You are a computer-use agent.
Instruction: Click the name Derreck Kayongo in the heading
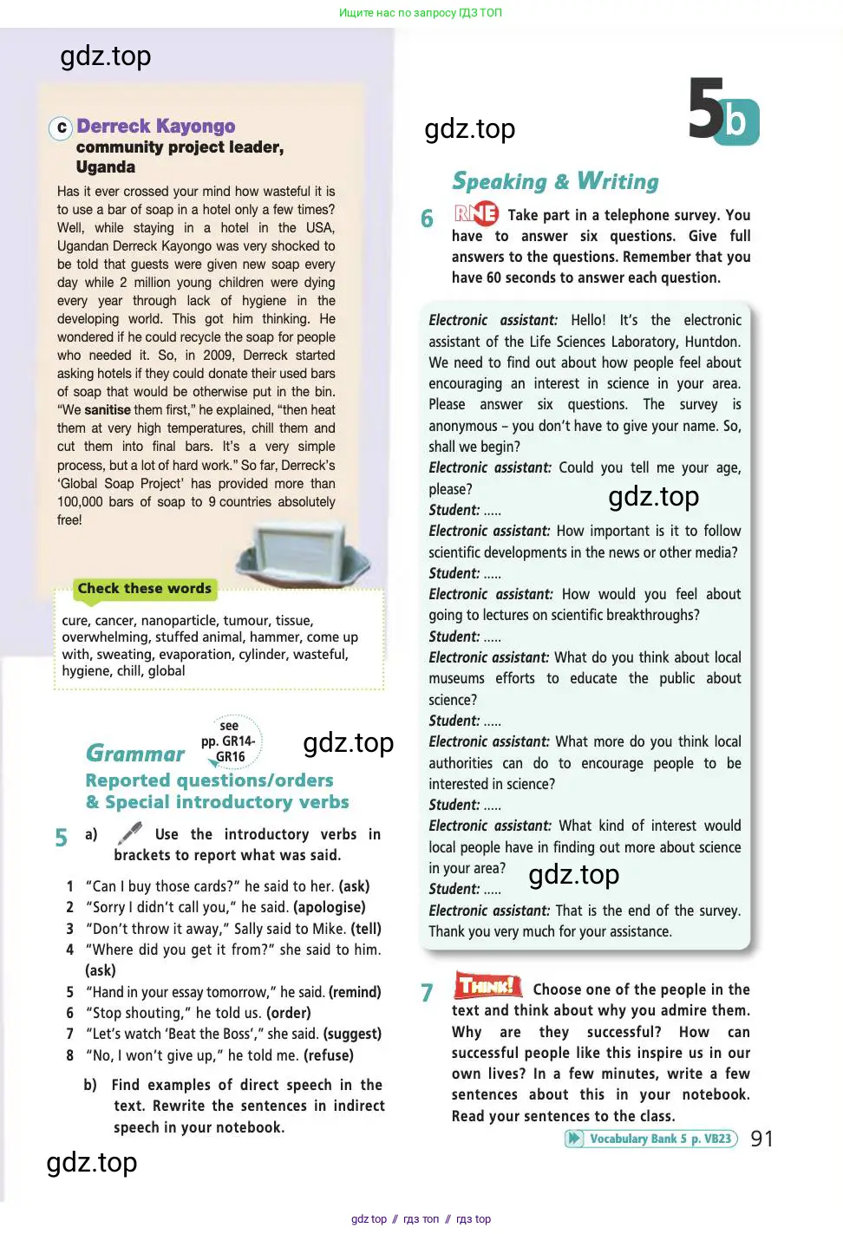[x=155, y=127]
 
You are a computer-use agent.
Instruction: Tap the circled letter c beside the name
[x=61, y=128]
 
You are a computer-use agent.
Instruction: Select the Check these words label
[x=144, y=589]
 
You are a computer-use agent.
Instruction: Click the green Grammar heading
[x=135, y=754]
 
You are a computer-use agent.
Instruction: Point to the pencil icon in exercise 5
[x=130, y=834]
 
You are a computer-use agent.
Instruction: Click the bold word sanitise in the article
[x=108, y=410]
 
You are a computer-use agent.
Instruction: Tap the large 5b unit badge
[x=722, y=111]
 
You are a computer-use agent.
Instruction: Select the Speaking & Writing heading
[x=555, y=181]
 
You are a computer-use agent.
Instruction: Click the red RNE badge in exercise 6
[x=476, y=213]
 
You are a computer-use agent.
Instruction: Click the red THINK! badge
[x=487, y=986]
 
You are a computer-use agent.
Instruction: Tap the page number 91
[x=761, y=1139]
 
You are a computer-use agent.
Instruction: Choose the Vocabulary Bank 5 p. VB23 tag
[x=650, y=1139]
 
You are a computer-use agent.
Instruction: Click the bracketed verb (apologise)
[x=330, y=907]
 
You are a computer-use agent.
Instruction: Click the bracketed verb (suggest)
[x=352, y=1034]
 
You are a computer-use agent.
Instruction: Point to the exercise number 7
[x=427, y=993]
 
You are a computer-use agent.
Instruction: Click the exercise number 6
[x=427, y=219]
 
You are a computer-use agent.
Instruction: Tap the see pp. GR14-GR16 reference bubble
[x=230, y=741]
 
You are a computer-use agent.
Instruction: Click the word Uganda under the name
[x=106, y=167]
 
